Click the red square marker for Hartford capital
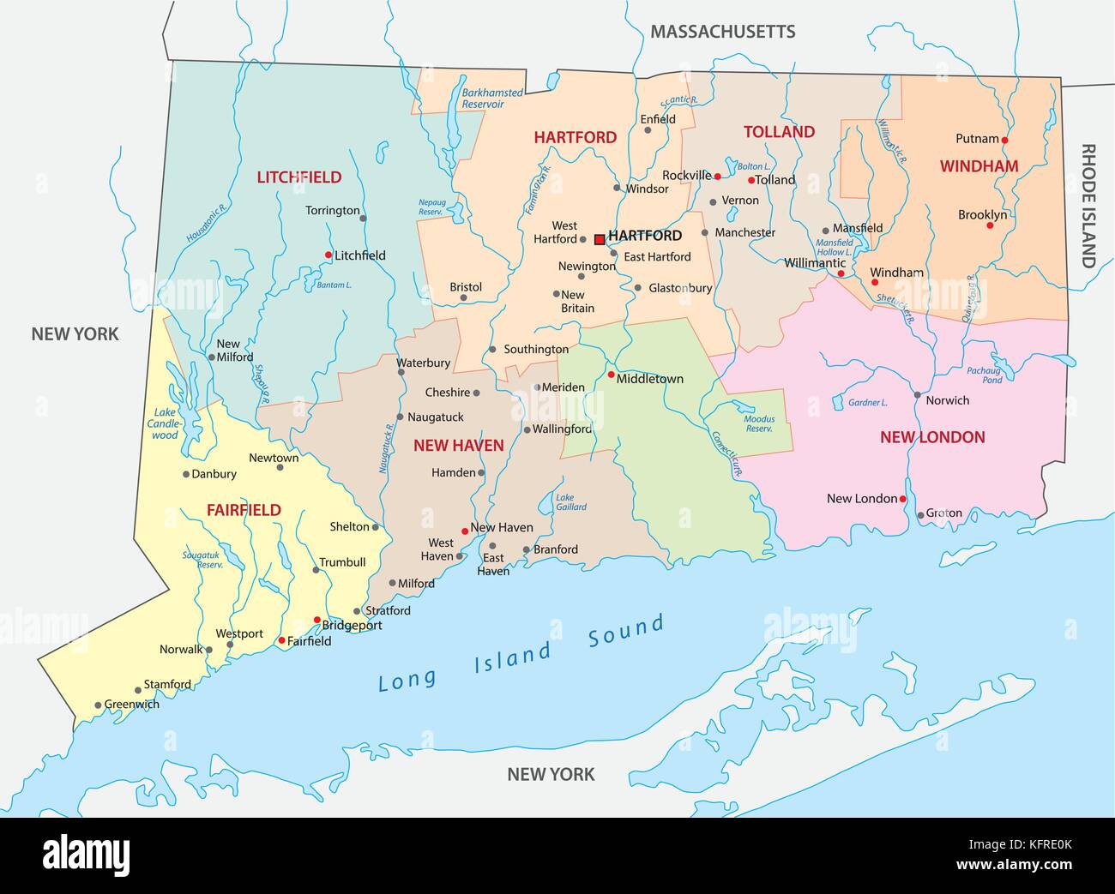coord(600,239)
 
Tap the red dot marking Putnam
coord(1004,140)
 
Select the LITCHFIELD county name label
coord(298,177)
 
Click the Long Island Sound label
coord(521,654)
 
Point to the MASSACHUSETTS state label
coord(722,32)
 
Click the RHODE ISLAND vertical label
coord(1088,206)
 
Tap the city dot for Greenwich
coord(98,705)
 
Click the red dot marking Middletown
coord(611,375)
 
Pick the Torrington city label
coord(333,210)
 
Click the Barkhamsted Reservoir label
coord(483,98)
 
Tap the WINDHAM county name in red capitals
coord(979,166)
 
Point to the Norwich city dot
coord(917,395)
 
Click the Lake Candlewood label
coord(165,423)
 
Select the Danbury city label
coord(214,474)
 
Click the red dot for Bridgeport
coord(316,620)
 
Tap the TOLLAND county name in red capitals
coord(779,132)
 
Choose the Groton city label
coord(943,513)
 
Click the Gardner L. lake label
coord(867,402)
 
